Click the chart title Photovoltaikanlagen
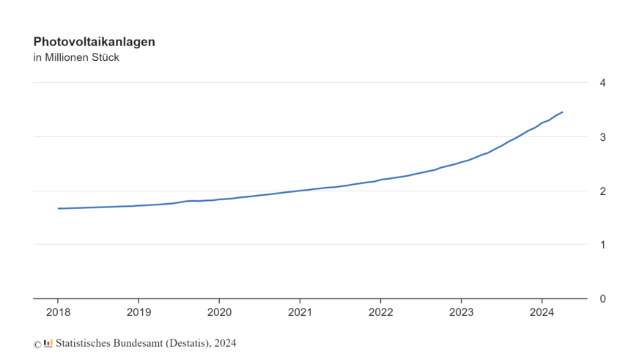(x=94, y=42)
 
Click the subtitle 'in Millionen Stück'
(x=76, y=58)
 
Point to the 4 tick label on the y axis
(x=602, y=83)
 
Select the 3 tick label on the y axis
(x=602, y=137)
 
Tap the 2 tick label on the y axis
(x=602, y=191)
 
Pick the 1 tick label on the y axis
(x=602, y=245)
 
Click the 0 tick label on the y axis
(x=602, y=298)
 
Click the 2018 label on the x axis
(x=58, y=312)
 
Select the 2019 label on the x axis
(x=138, y=312)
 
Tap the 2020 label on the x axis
(x=219, y=312)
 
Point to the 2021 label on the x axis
(x=300, y=312)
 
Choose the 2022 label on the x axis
(x=380, y=312)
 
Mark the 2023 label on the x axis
(x=461, y=312)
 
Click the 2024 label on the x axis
(x=542, y=312)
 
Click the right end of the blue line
(x=562, y=112)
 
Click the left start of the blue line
(x=59, y=208)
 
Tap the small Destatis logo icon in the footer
(x=48, y=343)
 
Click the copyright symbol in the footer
(x=37, y=344)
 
